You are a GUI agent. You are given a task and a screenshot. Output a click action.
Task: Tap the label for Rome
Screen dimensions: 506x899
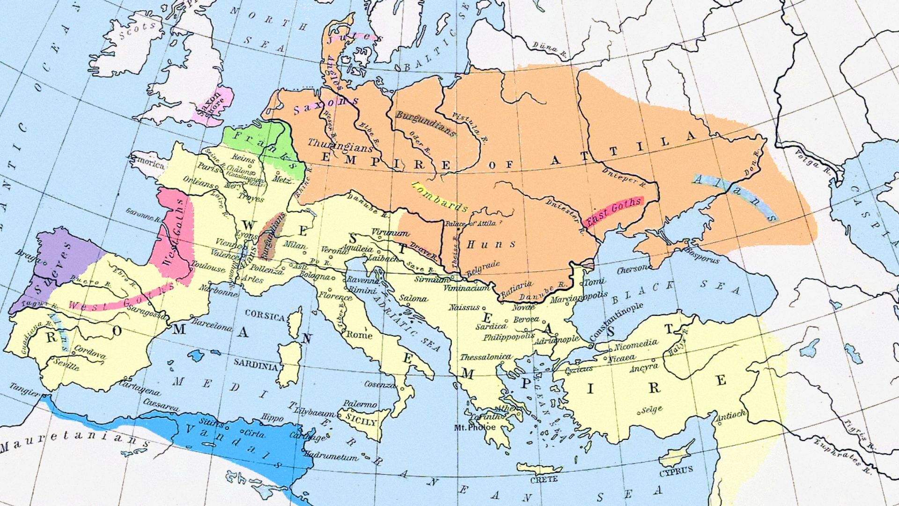pyautogui.click(x=360, y=335)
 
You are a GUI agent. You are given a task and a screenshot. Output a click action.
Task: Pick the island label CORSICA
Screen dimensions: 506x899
pyautogui.click(x=265, y=316)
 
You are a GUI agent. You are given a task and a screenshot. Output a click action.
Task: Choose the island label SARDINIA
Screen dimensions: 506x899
pyautogui.click(x=256, y=364)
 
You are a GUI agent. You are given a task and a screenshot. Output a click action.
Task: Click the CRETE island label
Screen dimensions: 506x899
pyautogui.click(x=544, y=479)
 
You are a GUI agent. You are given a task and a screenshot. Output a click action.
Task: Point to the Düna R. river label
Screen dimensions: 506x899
pyautogui.click(x=548, y=48)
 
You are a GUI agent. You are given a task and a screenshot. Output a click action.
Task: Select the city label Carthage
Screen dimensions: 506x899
pyautogui.click(x=307, y=436)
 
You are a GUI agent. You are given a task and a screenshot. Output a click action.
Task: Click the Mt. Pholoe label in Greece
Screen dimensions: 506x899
pyautogui.click(x=475, y=427)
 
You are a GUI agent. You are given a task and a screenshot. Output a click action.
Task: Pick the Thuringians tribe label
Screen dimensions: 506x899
pyautogui.click(x=340, y=145)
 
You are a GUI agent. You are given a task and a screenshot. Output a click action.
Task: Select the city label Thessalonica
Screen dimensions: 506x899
pyautogui.click(x=486, y=357)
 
